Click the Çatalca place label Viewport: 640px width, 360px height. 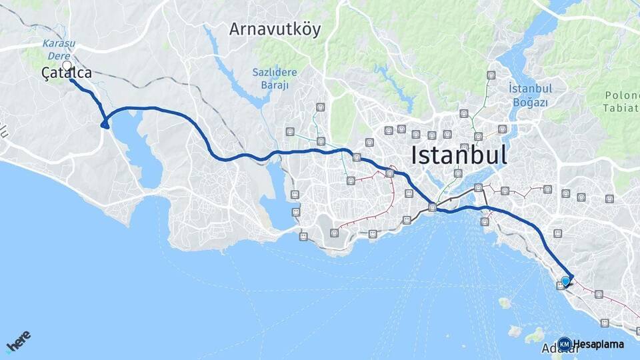pos(66,73)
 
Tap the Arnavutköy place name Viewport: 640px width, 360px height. pos(275,29)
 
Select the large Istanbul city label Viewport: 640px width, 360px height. pos(459,155)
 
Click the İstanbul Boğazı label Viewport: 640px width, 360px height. pos(528,95)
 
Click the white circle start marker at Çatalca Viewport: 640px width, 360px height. pos(67,65)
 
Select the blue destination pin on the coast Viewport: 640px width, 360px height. pos(566,281)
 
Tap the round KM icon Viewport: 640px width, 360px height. pos(565,344)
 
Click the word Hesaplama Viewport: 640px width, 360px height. pos(599,345)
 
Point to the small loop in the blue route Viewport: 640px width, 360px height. pos(105,123)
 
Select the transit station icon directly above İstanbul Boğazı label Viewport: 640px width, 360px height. pos(491,75)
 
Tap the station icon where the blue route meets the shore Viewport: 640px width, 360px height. pos(433,207)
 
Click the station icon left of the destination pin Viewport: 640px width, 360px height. pos(560,285)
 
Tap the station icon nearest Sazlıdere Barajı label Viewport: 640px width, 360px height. pos(321,107)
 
